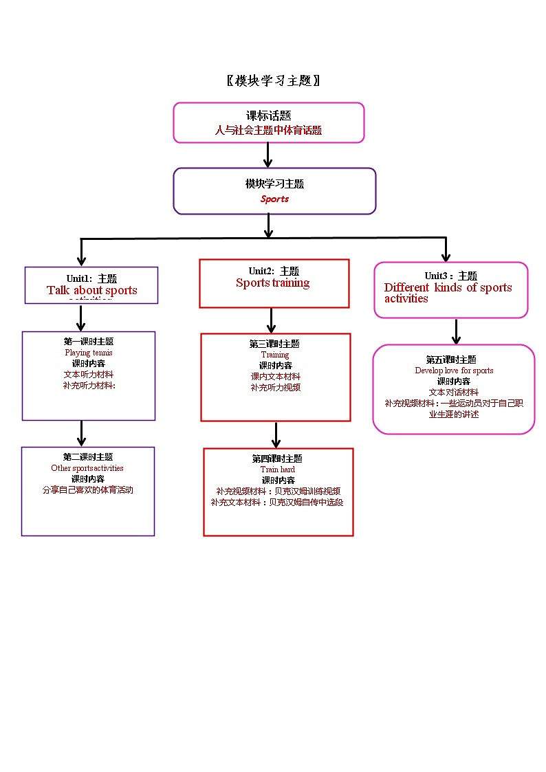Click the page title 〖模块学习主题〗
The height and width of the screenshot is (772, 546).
click(273, 80)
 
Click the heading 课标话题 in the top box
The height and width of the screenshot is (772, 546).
click(268, 115)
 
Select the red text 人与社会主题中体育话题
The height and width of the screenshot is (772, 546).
click(268, 130)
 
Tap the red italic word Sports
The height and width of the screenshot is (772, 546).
click(274, 199)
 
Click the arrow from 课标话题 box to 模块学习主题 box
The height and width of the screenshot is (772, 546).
click(268, 155)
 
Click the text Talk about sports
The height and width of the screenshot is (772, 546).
click(91, 290)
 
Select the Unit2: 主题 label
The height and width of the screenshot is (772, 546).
click(274, 271)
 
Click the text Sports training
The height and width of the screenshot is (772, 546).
click(272, 283)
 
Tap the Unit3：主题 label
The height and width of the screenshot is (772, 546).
click(450, 276)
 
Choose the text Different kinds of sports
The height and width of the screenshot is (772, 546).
click(448, 287)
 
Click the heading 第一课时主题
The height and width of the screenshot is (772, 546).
click(88, 341)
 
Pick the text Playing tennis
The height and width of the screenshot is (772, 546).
click(88, 352)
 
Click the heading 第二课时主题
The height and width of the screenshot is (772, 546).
click(87, 456)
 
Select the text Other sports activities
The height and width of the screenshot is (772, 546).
click(87, 467)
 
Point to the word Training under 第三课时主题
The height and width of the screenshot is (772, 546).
click(274, 355)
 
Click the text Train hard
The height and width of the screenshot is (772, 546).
click(277, 470)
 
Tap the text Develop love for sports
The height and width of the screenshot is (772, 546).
click(454, 371)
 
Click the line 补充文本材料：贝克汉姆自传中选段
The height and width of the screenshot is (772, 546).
click(277, 502)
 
